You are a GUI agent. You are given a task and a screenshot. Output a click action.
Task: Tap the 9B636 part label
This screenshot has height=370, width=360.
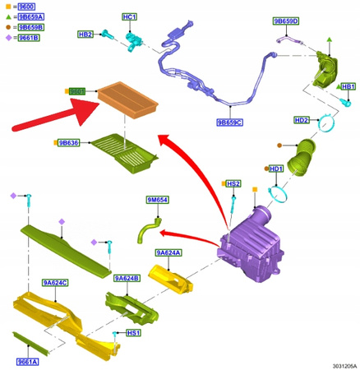68,143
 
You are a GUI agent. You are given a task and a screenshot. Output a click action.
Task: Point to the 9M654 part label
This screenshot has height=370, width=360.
157,199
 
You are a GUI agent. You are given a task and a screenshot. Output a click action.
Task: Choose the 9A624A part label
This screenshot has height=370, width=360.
168,252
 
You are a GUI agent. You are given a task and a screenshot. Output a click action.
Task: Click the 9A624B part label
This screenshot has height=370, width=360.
127,278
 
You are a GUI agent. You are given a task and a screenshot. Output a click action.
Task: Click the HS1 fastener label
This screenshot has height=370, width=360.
133,332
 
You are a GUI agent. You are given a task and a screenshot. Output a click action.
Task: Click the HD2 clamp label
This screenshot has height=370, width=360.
302,121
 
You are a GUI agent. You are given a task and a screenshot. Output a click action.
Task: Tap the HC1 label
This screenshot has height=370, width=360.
129,16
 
